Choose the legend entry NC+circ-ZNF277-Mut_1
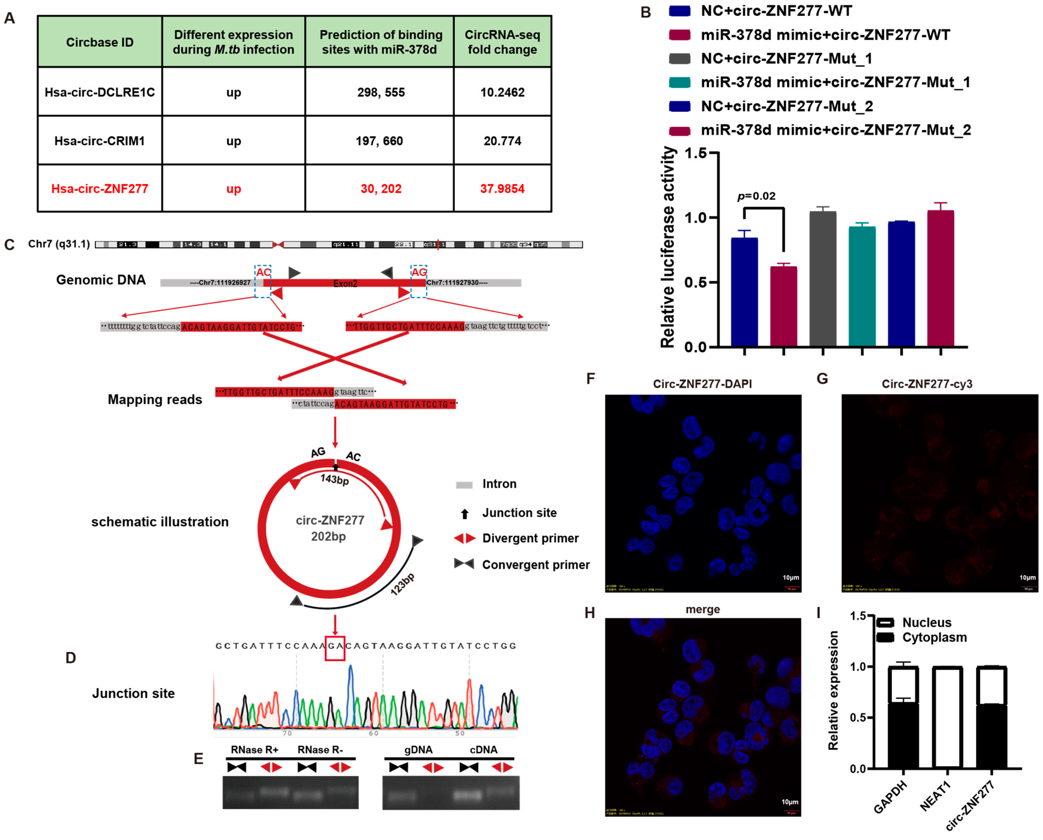tap(786, 59)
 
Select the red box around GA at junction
tap(335, 648)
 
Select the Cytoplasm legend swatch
tap(884, 637)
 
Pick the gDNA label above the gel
tap(418, 750)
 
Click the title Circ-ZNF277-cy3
tap(926, 384)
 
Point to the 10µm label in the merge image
tap(789, 802)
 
